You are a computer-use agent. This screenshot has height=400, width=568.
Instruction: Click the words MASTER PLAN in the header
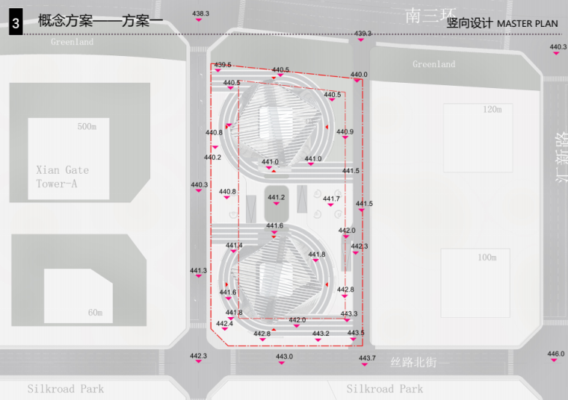pos(527,24)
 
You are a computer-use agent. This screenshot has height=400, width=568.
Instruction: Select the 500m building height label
pos(87,127)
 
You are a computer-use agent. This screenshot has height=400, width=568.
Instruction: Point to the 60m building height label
pos(95,312)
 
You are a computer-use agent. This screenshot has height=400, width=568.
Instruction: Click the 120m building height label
pos(492,110)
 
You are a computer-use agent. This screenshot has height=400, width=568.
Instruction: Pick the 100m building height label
pos(487,257)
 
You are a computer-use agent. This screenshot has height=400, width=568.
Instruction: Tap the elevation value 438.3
pos(201,14)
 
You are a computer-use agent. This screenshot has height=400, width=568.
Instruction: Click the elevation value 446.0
pos(555,354)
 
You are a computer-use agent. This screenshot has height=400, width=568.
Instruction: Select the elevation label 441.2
pos(277,198)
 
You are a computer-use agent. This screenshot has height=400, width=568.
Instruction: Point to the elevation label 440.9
pos(345,132)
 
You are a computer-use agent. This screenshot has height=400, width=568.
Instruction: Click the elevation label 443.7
pos(367,359)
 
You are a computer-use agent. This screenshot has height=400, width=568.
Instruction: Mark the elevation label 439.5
pos(223,65)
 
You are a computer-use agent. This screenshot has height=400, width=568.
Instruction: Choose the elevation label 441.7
pos(331,199)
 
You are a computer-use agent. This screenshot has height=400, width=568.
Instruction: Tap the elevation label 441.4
pos(234,246)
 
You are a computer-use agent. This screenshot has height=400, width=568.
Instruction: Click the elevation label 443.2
pos(321,334)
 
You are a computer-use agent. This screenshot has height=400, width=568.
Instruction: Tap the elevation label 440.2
pos(212,157)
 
